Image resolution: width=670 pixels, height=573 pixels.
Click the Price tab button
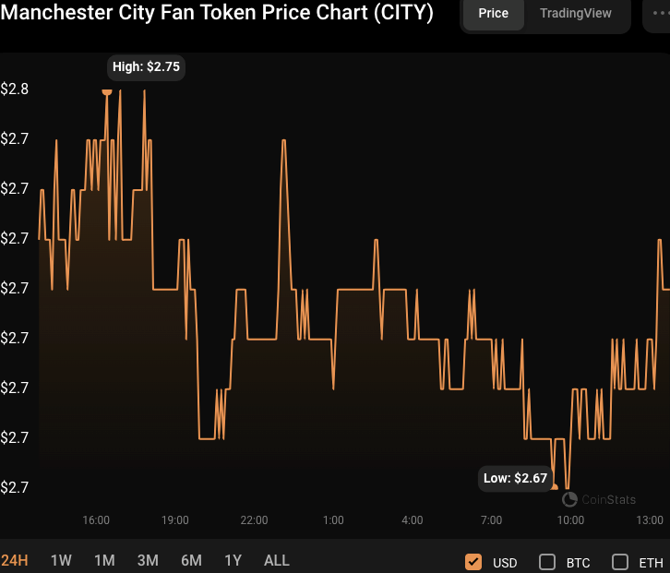pyautogui.click(x=493, y=14)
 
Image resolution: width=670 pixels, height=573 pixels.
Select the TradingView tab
pyautogui.click(x=576, y=14)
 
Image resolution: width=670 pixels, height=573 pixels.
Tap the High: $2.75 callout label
pyautogui.click(x=146, y=66)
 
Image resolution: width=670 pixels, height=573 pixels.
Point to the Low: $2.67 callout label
pyautogui.click(x=516, y=478)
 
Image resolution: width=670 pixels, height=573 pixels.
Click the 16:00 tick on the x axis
pyautogui.click(x=96, y=520)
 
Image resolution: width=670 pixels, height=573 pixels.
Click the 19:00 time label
pyautogui.click(x=175, y=520)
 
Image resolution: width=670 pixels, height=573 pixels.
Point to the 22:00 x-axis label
pyautogui.click(x=254, y=520)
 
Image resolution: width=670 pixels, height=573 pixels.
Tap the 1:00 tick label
pyautogui.click(x=333, y=520)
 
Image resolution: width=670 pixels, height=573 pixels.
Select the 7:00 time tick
pyautogui.click(x=492, y=520)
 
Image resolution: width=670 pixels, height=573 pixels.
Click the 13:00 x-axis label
pyautogui.click(x=650, y=520)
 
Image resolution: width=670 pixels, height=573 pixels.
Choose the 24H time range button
pyautogui.click(x=16, y=560)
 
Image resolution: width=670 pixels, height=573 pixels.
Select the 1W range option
pyautogui.click(x=61, y=560)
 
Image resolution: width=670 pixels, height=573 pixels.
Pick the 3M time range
pyautogui.click(x=148, y=560)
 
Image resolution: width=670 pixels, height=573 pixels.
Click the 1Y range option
pyautogui.click(x=233, y=560)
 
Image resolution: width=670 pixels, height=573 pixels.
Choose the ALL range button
pyautogui.click(x=277, y=560)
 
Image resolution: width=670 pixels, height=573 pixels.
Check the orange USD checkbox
pyautogui.click(x=473, y=562)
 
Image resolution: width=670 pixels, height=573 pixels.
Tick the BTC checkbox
pyautogui.click(x=546, y=562)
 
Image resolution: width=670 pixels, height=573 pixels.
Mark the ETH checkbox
pyautogui.click(x=620, y=562)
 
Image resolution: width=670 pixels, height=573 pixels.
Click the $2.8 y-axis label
pyautogui.click(x=15, y=90)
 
